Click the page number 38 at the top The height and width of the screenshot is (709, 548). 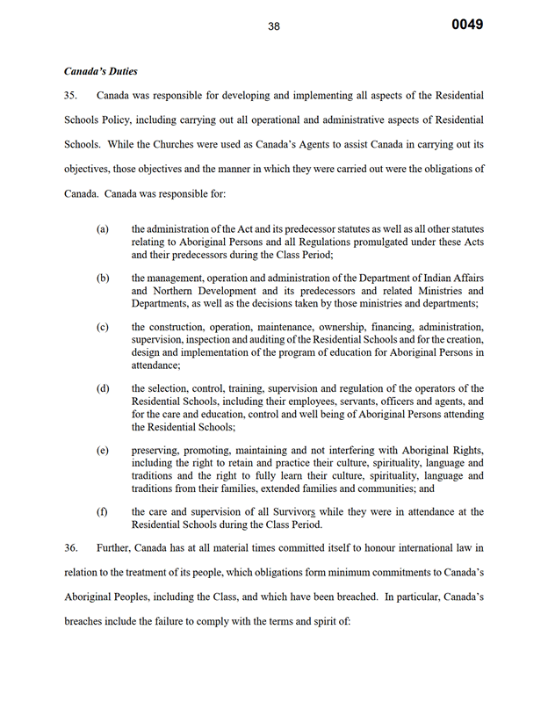coord(274,26)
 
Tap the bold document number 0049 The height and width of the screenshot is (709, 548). coord(467,25)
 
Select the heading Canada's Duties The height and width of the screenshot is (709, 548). coord(100,70)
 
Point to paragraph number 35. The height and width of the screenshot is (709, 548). coord(72,94)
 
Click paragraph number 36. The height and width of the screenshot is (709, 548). coord(72,546)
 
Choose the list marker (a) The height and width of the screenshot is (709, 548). coord(103,229)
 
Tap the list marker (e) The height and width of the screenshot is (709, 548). coord(103,451)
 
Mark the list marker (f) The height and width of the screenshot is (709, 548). coord(103,511)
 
